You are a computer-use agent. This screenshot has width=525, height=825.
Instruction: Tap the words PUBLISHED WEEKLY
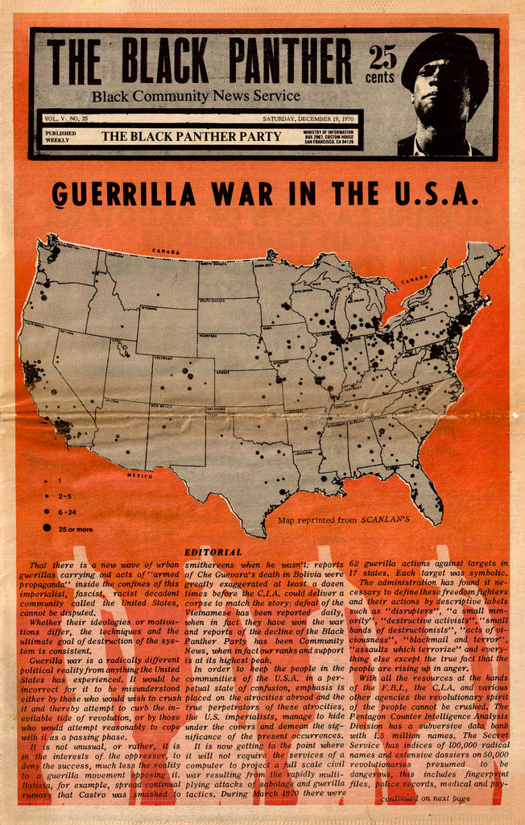pos(61,136)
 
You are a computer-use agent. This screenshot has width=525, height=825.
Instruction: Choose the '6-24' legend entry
pos(69,512)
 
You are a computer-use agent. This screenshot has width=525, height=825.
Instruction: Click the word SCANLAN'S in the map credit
pos(385,520)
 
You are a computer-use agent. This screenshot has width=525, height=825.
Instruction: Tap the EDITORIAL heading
pos(213,552)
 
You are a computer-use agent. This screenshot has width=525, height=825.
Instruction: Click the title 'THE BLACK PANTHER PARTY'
pos(192,136)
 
